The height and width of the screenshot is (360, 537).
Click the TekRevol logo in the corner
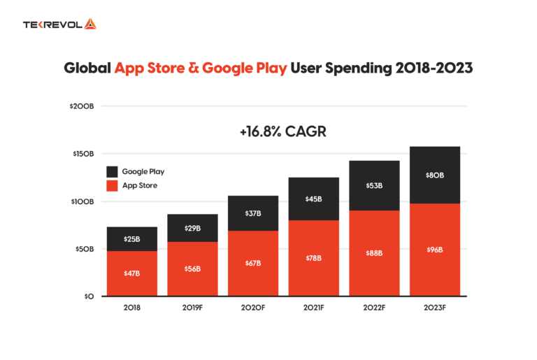pos(59,24)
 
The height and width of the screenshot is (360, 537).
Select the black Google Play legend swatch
pos(112,171)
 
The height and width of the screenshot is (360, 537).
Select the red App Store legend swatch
pos(112,186)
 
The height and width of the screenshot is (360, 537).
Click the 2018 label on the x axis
pos(132,308)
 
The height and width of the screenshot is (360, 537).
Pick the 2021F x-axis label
pos(314,308)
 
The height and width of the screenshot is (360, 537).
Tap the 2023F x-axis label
pos(435,308)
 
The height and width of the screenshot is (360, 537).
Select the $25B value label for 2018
pos(132,239)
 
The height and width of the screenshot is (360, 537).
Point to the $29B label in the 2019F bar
pos(192,229)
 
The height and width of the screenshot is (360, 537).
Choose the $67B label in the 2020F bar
pos(253,263)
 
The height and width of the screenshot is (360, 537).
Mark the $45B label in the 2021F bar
pos(314,199)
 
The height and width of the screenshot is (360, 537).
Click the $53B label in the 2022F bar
pos(374,186)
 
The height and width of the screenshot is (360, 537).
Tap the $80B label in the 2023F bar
pos(435,175)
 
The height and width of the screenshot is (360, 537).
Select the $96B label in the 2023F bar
pos(435,250)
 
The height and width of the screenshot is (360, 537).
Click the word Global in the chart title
pos(87,70)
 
